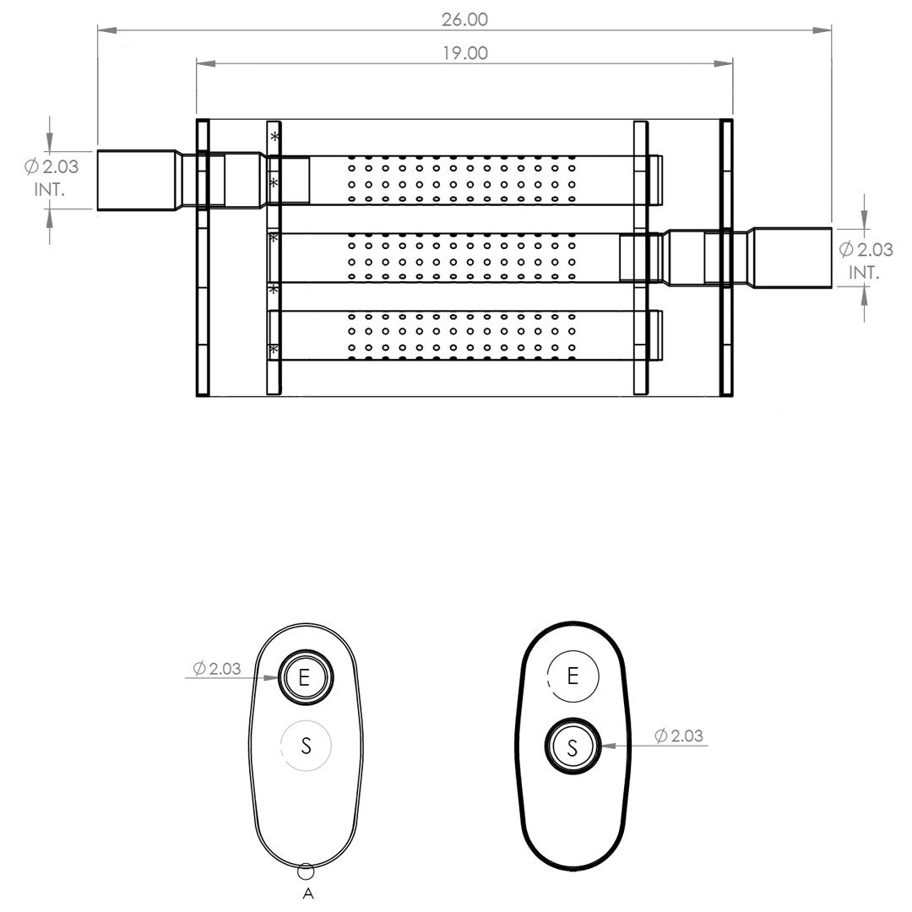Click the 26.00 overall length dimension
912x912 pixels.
coord(464,19)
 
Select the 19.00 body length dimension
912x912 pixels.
coord(464,53)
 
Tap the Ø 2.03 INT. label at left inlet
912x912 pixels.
coord(52,177)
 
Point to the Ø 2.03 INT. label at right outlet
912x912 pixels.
coord(866,260)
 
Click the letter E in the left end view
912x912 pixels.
coord(304,677)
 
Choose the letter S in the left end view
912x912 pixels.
coord(306,745)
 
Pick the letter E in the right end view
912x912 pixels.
coord(573,676)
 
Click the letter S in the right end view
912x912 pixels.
coord(573,747)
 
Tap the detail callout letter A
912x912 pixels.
coord(308,893)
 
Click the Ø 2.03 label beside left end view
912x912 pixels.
coord(216,668)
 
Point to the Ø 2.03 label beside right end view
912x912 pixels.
coord(679,736)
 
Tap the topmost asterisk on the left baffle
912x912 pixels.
coord(274,137)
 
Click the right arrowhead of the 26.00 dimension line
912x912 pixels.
coord(822,30)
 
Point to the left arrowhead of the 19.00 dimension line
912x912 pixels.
coord(207,63)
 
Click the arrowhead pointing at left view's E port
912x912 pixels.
coord(272,677)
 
